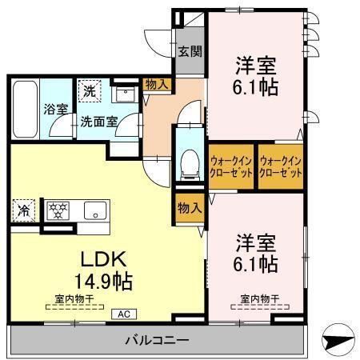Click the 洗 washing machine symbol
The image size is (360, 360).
90,90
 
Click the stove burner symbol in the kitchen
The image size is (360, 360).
58,212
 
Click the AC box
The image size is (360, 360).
124,314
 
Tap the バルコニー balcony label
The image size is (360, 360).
157,341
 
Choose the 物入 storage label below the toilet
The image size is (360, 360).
189,207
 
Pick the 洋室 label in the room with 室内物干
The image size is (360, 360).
256,240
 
